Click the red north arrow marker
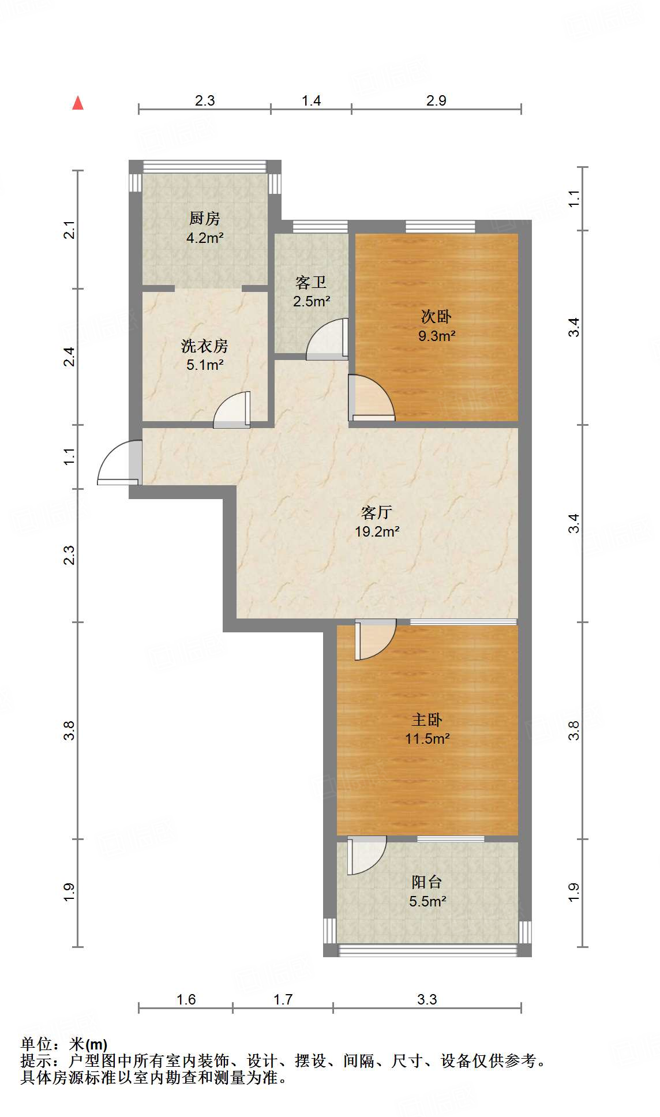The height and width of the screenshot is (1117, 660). [78, 103]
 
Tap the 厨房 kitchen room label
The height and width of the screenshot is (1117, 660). [205, 219]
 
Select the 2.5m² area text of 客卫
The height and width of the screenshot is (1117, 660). [312, 301]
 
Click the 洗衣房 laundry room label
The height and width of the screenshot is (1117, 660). [205, 346]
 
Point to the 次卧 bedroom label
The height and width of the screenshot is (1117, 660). [436, 317]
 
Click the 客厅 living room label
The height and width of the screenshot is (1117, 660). [377, 512]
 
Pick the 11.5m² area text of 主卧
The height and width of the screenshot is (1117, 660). [427, 739]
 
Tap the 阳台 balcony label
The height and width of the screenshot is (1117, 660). [427, 882]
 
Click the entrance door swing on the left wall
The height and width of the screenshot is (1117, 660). [118, 463]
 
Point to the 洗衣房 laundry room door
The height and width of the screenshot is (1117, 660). [232, 411]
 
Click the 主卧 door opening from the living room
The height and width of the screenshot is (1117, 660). [375, 639]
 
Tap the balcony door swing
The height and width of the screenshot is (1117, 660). [366, 855]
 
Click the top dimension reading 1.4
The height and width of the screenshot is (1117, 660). [311, 101]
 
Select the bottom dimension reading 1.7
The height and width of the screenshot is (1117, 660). [283, 999]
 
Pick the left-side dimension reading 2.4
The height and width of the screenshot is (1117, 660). [69, 357]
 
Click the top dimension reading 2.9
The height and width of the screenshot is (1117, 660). [436, 101]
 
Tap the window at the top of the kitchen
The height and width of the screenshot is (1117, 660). [205, 166]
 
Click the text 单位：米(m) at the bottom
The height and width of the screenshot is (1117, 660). [64, 1044]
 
